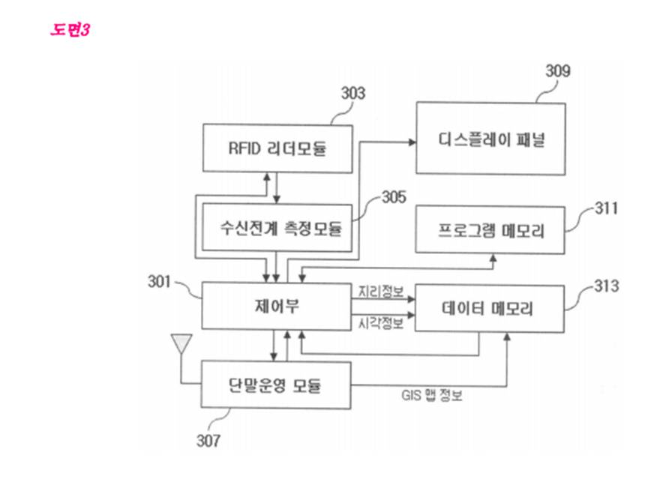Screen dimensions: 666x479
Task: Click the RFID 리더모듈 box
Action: click(277, 148)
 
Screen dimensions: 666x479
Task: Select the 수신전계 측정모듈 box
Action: click(277, 228)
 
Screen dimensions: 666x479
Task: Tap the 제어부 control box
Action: click(277, 306)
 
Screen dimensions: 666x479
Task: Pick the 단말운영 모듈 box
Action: click(276, 385)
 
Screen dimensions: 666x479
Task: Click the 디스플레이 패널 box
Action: click(490, 139)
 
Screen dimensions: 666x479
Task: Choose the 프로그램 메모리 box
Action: click(490, 230)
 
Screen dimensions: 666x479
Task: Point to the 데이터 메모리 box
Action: click(490, 308)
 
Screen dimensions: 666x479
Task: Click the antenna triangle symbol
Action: click(181, 343)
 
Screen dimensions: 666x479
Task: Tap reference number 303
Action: click(353, 94)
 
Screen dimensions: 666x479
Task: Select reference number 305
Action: click(394, 197)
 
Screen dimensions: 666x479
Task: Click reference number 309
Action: click(558, 71)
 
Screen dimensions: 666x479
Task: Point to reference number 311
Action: click(606, 208)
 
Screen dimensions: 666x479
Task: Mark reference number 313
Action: click(606, 286)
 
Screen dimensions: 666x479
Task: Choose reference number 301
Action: click(159, 282)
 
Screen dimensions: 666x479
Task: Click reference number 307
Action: click(208, 441)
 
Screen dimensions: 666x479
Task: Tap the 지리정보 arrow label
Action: click(380, 292)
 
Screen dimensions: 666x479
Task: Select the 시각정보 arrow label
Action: click(380, 324)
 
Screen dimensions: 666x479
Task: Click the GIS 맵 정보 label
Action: click(431, 396)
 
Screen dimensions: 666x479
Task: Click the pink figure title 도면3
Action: click(70, 30)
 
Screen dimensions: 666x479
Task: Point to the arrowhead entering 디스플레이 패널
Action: click(412, 142)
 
